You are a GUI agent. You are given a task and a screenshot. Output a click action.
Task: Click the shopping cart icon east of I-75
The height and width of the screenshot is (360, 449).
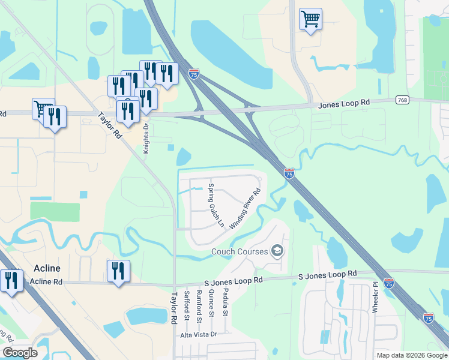(x=310, y=19)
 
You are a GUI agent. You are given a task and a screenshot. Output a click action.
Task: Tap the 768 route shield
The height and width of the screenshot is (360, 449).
(x=403, y=100)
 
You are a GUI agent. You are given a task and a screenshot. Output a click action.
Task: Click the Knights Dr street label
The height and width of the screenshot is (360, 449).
(x=146, y=139)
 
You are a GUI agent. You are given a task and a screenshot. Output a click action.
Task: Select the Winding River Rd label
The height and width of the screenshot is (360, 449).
(x=245, y=205)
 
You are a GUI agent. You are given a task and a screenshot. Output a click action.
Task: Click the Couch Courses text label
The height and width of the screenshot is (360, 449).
(x=239, y=251)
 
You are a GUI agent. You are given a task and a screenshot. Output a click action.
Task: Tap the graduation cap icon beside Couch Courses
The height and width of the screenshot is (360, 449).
(x=277, y=250)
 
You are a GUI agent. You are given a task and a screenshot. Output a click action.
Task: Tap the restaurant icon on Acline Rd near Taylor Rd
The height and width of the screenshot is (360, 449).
(x=118, y=271)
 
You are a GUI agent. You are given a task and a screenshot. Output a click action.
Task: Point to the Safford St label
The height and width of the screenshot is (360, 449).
(x=187, y=304)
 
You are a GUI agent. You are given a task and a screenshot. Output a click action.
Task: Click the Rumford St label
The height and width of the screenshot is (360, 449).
(x=199, y=304)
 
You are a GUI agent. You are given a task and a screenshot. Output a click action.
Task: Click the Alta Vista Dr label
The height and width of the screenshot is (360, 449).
(x=198, y=334)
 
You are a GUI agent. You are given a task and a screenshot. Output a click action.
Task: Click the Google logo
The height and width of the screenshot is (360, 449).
(x=20, y=353)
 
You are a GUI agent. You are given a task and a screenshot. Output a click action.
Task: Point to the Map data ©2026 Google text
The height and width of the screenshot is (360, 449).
(x=411, y=355)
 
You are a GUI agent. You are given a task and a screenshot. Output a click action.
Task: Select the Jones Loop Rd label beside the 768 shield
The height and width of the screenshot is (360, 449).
(x=343, y=104)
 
